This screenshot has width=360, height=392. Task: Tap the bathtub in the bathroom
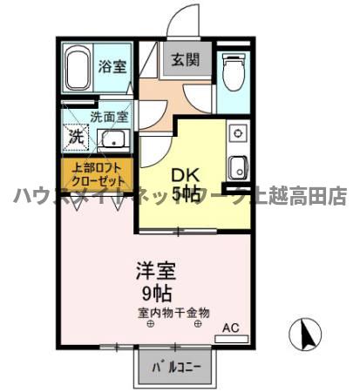pyautogui.click(x=77, y=69)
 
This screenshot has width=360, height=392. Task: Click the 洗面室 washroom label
pyautogui.click(x=109, y=116)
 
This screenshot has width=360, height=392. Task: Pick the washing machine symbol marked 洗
pyautogui.click(x=77, y=136)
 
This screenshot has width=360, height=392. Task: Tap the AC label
pyautogui.click(x=230, y=328)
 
